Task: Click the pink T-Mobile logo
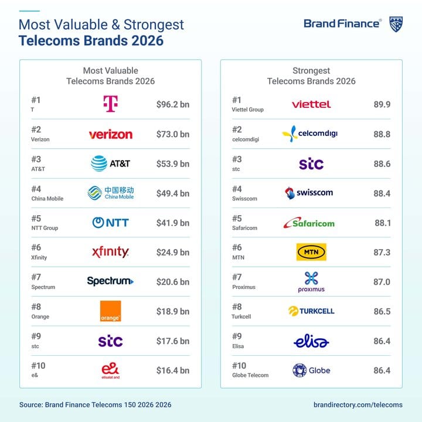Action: [x=110, y=104]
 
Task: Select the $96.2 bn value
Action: [x=173, y=105]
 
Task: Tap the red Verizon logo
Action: [x=110, y=134]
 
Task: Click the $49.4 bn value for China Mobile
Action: [x=173, y=193]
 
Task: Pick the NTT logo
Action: [x=110, y=223]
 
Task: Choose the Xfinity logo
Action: [x=110, y=252]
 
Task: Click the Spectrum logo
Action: [x=110, y=281]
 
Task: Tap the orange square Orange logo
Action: [x=110, y=311]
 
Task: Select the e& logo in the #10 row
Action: [x=110, y=370]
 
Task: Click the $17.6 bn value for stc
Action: [x=173, y=341]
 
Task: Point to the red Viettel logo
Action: [x=311, y=104]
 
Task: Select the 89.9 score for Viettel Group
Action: [x=382, y=105]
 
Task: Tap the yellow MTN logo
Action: [x=311, y=252]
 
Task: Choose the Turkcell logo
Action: [x=311, y=311]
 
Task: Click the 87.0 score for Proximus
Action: [x=382, y=282]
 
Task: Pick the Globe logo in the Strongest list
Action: [x=311, y=370]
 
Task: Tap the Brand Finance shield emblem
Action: [x=396, y=24]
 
